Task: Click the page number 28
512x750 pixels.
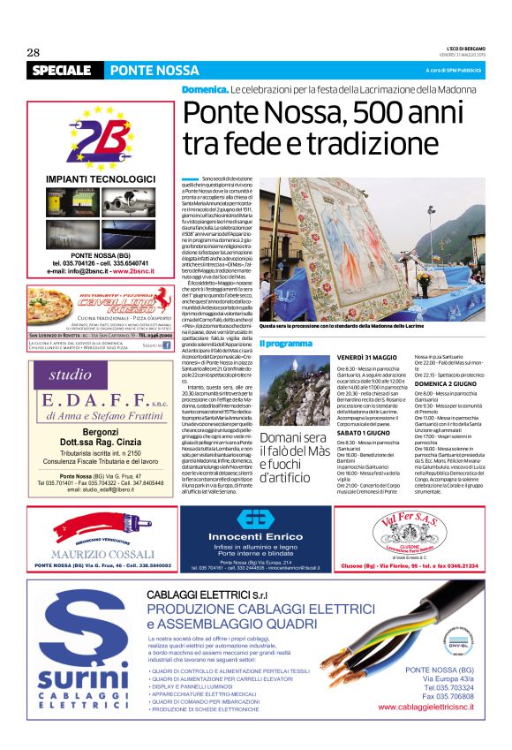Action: click(34, 52)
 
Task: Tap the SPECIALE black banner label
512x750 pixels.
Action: click(61, 70)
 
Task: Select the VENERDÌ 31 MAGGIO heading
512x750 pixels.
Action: click(367, 356)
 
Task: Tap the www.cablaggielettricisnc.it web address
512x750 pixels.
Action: click(430, 708)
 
